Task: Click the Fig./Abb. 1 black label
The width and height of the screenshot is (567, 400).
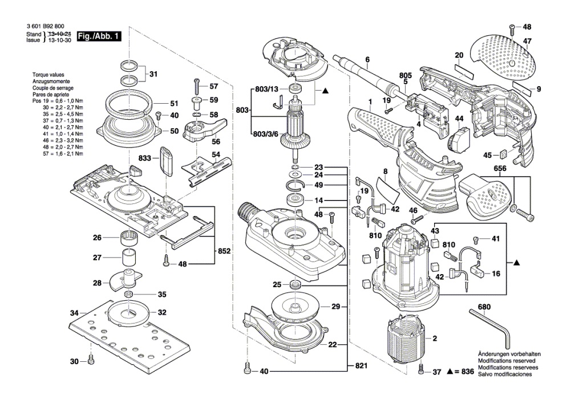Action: (99, 36)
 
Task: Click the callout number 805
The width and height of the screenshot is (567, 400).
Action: (405, 75)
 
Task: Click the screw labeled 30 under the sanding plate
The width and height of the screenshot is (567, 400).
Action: (91, 361)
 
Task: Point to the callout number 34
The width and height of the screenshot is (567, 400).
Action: (75, 313)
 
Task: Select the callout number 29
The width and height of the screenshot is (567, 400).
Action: (336, 307)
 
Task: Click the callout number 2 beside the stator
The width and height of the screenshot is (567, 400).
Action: (435, 338)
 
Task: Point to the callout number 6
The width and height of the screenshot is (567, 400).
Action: (367, 59)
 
